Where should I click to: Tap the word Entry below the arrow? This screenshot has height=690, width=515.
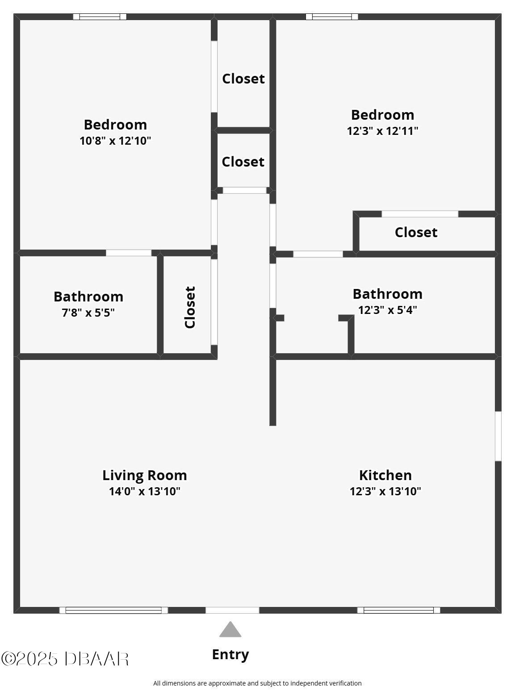pyautogui.click(x=230, y=655)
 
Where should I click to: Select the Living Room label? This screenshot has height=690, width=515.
pyautogui.click(x=145, y=475)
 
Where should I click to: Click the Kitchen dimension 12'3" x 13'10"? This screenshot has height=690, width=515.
pyautogui.click(x=385, y=491)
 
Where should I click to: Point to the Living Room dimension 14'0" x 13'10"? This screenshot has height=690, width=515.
pyautogui.click(x=145, y=491)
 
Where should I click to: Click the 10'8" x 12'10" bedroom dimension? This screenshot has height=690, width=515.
pyautogui.click(x=115, y=141)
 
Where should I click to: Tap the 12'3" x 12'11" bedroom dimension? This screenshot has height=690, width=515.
pyautogui.click(x=382, y=131)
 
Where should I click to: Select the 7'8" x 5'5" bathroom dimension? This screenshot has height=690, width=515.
pyautogui.click(x=88, y=313)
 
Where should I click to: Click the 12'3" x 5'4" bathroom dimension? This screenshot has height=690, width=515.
pyautogui.click(x=387, y=310)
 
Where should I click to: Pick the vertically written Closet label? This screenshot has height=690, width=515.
pyautogui.click(x=190, y=307)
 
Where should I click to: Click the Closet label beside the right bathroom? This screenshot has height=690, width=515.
pyautogui.click(x=416, y=232)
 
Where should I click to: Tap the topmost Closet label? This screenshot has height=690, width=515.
pyautogui.click(x=243, y=79)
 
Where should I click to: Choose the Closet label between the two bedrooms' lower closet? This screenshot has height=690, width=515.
pyautogui.click(x=243, y=162)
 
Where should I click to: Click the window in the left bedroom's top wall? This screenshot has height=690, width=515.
pyautogui.click(x=100, y=17)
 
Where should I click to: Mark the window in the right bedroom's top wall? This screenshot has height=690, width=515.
pyautogui.click(x=332, y=17)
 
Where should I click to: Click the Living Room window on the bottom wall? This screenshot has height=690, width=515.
pyautogui.click(x=113, y=610)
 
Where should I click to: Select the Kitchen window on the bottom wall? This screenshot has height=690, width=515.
pyautogui.click(x=399, y=610)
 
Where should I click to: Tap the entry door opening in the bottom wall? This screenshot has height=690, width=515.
pyautogui.click(x=232, y=610)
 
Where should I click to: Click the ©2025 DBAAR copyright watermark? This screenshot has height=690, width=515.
pyautogui.click(x=65, y=659)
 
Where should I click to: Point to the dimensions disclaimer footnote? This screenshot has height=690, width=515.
pyautogui.click(x=257, y=683)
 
